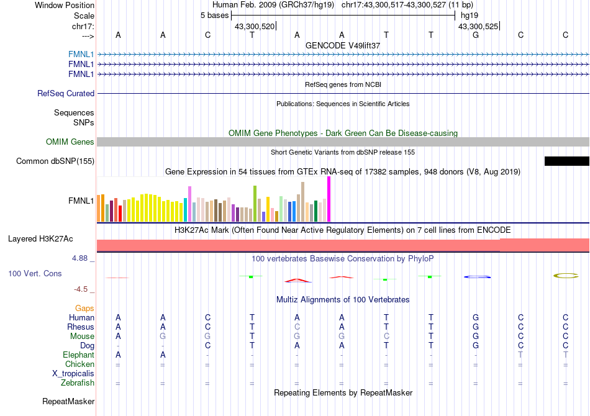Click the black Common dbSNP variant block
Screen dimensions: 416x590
566,161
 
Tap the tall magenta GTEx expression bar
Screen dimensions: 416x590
329,199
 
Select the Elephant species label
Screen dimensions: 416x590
78,355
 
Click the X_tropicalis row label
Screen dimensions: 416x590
73,374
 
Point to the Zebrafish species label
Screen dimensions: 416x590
78,383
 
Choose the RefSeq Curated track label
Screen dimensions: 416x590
66,94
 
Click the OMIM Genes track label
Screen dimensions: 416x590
70,142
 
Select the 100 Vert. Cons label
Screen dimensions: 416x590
35,273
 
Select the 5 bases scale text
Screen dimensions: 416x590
214,15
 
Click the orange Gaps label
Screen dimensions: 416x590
84,308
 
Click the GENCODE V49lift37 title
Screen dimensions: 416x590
343,46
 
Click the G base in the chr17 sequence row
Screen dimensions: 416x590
476,35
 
